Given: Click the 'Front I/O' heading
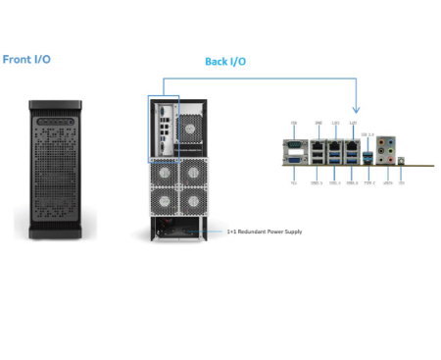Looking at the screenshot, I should click(x=26, y=60).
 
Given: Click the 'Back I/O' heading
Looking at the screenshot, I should click(x=224, y=62).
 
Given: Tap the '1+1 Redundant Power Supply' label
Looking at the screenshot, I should click(x=265, y=231).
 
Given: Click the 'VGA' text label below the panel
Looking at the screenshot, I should click(x=294, y=182).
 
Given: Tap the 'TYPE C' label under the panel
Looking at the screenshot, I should click(x=369, y=182).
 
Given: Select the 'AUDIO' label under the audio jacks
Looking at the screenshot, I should click(x=388, y=182).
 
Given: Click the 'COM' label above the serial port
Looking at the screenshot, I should click(x=294, y=123).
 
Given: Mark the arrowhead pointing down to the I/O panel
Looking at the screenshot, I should click(x=356, y=107).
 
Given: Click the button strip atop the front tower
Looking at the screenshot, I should click(x=63, y=105).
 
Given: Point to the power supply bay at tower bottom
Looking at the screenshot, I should click(x=176, y=229).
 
